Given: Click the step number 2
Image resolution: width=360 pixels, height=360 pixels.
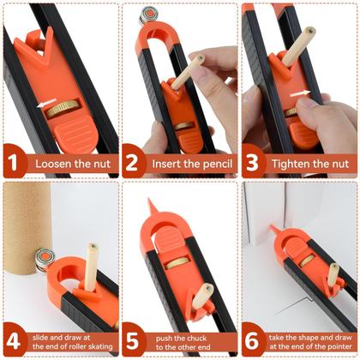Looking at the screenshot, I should click(135, 163).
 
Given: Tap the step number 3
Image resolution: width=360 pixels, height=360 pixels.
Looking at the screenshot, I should click(255, 163).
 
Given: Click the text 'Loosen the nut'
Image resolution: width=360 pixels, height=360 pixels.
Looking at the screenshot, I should click(69, 163).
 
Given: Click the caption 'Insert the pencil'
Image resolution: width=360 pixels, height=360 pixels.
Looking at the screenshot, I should click(190, 163).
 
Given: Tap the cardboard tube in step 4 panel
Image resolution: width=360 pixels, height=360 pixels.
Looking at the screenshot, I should click(39, 219).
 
